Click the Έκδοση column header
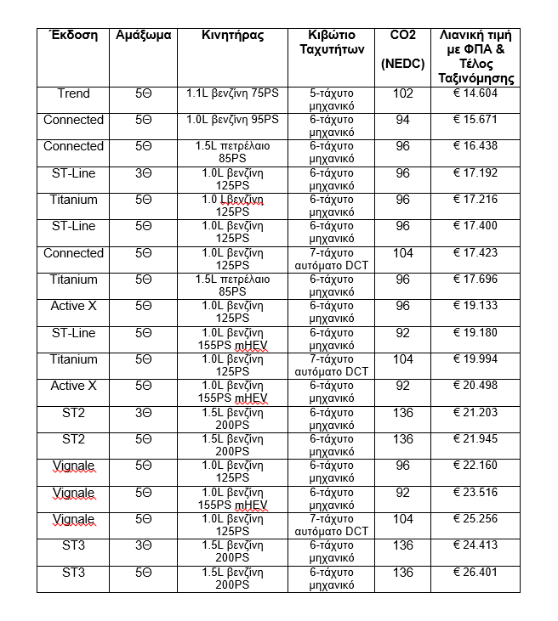tap(73, 36)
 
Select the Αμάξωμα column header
tap(143, 36)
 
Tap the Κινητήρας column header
tap(233, 36)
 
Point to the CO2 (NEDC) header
tap(402, 48)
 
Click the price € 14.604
tap(475, 93)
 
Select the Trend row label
tap(73, 93)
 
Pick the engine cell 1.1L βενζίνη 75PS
tap(233, 93)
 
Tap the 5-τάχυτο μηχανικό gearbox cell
tap(331, 99)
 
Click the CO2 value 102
tap(402, 93)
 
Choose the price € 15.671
tap(475, 120)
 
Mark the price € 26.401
tap(475, 573)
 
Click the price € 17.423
tap(475, 253)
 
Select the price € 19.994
tap(475, 359)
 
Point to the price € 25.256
tap(475, 519)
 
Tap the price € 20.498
tap(475, 386)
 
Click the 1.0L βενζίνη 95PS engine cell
tap(233, 120)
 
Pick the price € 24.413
tap(475, 546)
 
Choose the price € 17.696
tap(475, 279)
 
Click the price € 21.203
tap(475, 413)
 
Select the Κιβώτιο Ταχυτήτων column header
tap(331, 42)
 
